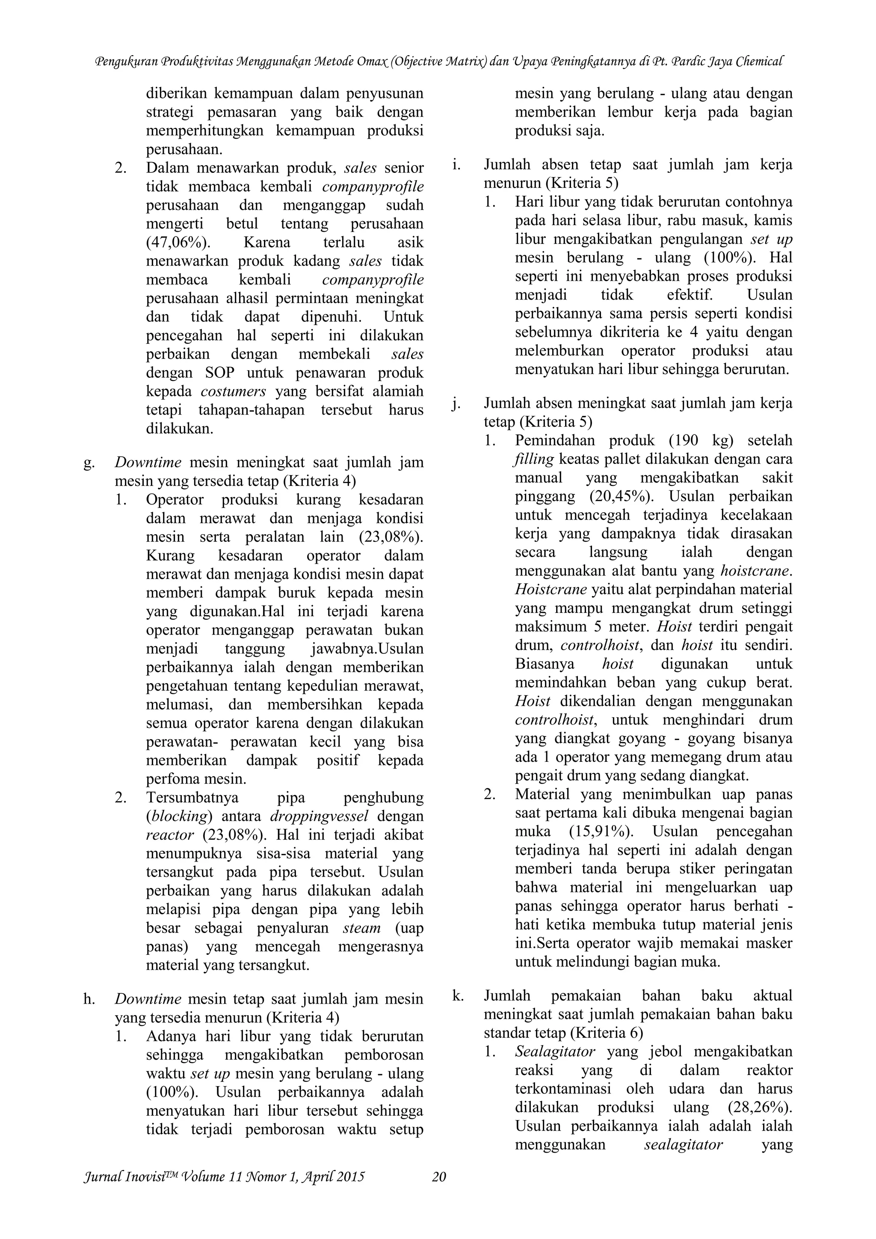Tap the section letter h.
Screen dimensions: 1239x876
89,999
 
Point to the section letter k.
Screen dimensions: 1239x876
458,995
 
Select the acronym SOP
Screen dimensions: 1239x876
221,373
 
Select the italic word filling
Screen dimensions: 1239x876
534,459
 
